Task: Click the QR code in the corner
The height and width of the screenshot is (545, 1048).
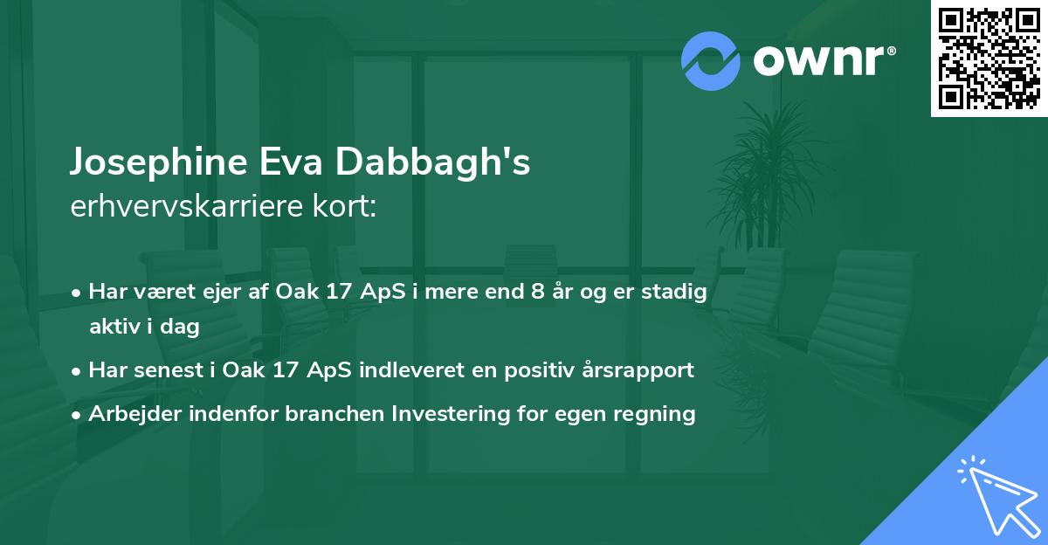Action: tap(989, 58)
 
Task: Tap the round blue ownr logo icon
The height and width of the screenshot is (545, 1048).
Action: tap(711, 60)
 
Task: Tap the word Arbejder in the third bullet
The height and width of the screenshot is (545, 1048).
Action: tap(129, 413)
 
